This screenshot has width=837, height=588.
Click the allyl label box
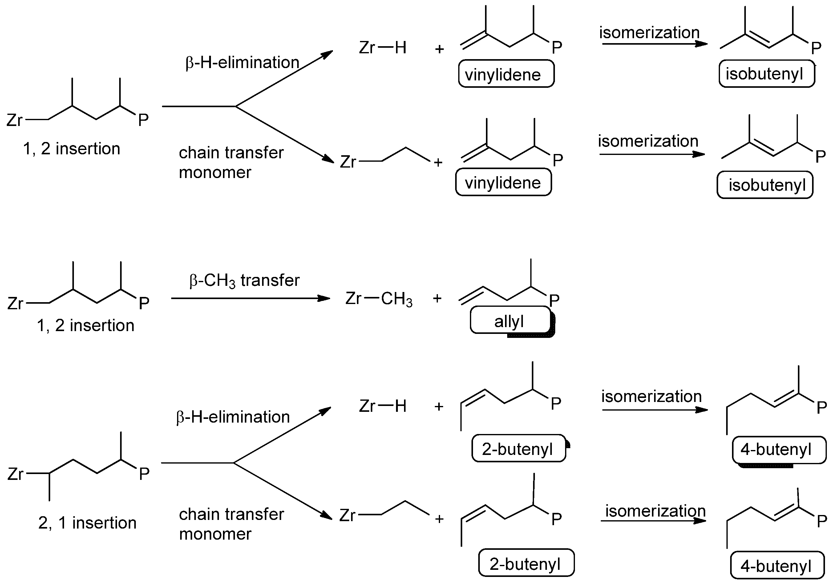(510, 320)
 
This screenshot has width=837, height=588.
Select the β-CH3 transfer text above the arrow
(244, 280)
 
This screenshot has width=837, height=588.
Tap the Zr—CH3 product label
(379, 299)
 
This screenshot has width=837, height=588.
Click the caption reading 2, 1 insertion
(87, 523)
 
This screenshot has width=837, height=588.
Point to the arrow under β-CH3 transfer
(250, 298)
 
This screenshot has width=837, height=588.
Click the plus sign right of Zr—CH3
(437, 299)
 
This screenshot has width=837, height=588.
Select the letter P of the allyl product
(554, 300)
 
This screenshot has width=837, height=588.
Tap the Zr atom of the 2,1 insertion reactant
(15, 474)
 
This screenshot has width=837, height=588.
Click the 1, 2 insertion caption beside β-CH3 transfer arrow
(85, 325)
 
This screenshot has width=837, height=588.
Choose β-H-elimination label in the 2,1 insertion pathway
(232, 417)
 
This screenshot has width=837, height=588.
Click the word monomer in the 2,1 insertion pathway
(215, 534)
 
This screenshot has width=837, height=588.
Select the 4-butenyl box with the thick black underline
(779, 450)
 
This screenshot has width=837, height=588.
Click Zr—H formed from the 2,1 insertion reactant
(382, 406)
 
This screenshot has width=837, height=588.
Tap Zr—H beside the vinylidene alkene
(382, 47)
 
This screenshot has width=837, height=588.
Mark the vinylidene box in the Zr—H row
(506, 74)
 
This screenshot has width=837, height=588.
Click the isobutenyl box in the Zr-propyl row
(765, 185)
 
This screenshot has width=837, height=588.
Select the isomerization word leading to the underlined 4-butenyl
(651, 396)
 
